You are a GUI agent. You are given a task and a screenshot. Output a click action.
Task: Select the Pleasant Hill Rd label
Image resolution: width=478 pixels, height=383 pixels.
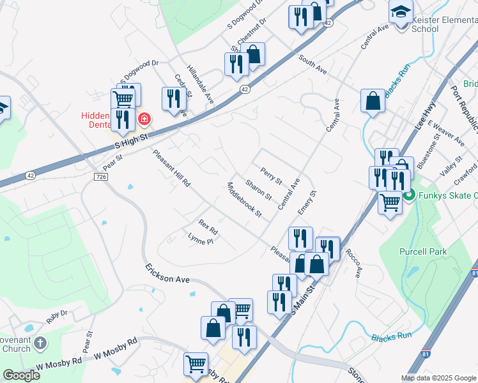(171, 167)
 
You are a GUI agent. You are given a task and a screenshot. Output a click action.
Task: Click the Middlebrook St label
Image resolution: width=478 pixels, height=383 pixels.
(245, 199)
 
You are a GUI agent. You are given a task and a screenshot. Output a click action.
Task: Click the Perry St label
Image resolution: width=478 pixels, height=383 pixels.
(271, 177)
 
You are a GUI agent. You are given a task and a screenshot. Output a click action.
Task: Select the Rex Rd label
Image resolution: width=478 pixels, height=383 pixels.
(208, 226)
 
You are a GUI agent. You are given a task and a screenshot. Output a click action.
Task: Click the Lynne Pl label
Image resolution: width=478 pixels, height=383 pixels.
(199, 239)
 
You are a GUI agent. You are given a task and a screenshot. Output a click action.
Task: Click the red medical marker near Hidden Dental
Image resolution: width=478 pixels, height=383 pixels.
(145, 119)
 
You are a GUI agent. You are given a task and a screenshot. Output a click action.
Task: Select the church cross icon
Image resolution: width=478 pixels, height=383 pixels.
(40, 343)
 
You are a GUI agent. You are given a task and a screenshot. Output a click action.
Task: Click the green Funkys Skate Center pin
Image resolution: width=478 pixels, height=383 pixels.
(409, 194)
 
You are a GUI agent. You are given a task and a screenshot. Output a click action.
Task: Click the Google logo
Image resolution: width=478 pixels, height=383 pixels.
(21, 375)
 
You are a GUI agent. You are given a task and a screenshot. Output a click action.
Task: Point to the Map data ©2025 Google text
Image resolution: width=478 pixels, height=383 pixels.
(438, 378)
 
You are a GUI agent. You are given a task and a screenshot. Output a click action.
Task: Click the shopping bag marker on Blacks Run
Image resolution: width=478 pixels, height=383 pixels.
(373, 101)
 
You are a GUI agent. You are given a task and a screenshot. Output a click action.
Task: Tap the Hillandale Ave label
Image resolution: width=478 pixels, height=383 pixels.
(200, 80)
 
